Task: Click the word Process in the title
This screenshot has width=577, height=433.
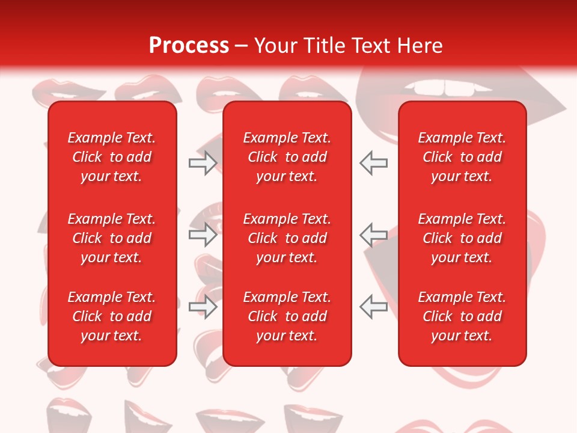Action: (189, 46)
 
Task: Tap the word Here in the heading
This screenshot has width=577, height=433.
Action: (418, 46)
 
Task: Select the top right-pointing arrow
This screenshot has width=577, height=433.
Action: (203, 163)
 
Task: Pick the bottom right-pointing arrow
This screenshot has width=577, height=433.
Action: (203, 307)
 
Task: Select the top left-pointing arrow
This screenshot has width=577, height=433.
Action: (374, 163)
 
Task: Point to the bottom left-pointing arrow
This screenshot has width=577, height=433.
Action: (374, 307)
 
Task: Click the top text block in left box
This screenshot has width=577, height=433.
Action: (112, 157)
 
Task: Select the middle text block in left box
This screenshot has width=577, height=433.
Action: (112, 238)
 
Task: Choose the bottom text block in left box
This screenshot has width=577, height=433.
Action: (112, 316)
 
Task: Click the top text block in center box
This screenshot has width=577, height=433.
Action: (287, 157)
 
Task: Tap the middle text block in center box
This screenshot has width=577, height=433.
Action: (287, 238)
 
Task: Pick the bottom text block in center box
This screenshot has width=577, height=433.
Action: (287, 316)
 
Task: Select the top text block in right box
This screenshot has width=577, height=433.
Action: (462, 157)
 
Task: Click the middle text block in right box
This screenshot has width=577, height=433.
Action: (462, 238)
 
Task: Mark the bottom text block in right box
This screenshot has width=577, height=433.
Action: (462, 316)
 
